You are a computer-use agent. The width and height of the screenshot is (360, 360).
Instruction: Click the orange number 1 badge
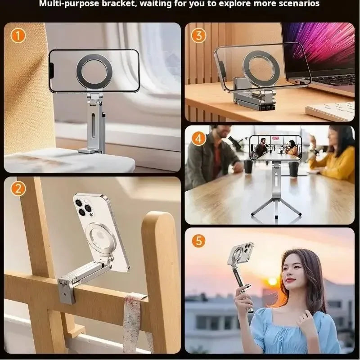click(x=18, y=35)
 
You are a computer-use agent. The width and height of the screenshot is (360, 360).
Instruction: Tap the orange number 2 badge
click(x=18, y=189)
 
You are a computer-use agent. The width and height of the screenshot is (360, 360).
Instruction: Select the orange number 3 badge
click(x=199, y=35)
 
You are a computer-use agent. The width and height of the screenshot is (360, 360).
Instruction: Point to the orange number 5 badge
click(x=199, y=240)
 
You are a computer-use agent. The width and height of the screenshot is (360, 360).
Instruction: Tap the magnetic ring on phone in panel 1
click(x=94, y=71)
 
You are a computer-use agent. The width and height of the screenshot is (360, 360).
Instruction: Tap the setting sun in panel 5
click(x=273, y=281)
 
